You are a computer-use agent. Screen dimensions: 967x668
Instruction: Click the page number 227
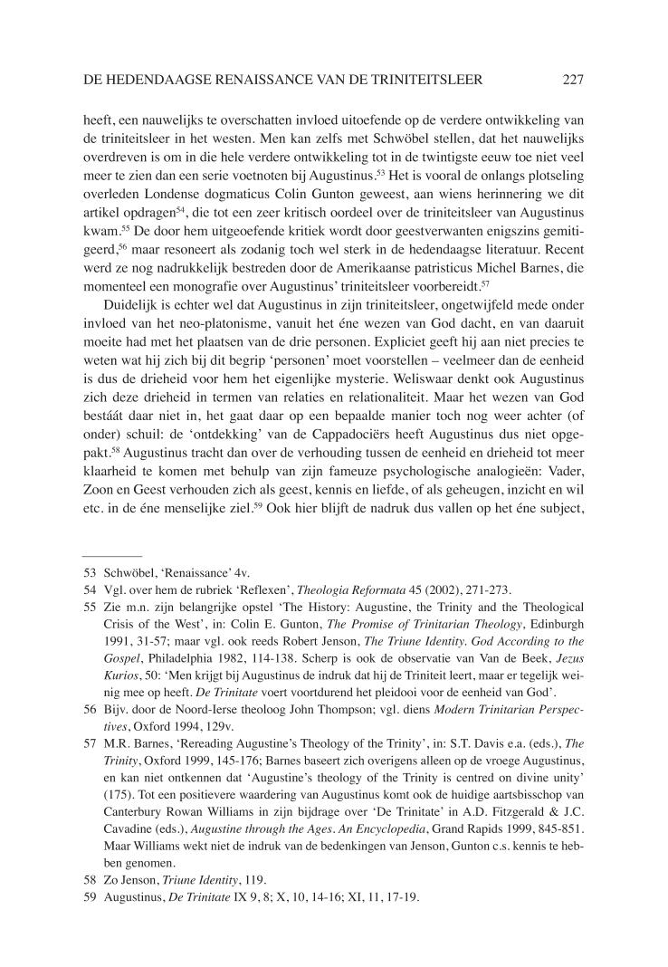pyautogui.click(x=572, y=81)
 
